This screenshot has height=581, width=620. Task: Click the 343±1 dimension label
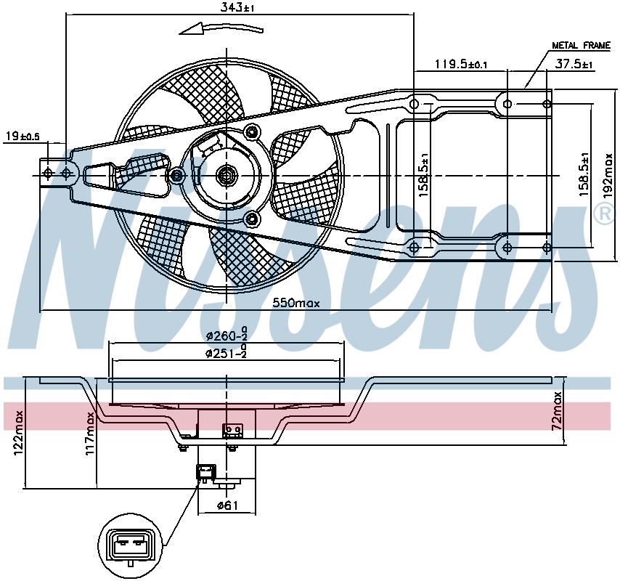(237, 7)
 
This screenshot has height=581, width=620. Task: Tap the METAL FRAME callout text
(582, 46)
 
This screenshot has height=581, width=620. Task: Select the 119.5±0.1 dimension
(461, 64)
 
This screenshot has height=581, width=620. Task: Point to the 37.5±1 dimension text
(574, 64)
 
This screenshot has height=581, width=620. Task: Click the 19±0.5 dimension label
(23, 137)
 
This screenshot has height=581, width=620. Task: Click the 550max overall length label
(296, 304)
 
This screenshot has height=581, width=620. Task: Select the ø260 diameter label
(227, 335)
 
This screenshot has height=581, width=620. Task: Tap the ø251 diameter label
(227, 352)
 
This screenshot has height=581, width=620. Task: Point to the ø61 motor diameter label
(228, 505)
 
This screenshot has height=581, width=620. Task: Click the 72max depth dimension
(557, 411)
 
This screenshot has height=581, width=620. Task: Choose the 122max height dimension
(19, 432)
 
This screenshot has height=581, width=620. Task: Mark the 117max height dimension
(91, 433)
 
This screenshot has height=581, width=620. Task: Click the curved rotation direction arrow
(221, 28)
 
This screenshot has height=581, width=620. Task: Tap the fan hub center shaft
(227, 175)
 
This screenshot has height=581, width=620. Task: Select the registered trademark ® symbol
(604, 214)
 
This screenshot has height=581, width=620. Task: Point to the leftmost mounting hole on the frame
(48, 174)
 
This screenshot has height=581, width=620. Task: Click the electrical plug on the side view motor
(206, 472)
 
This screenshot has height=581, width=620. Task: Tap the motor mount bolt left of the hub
(178, 175)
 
